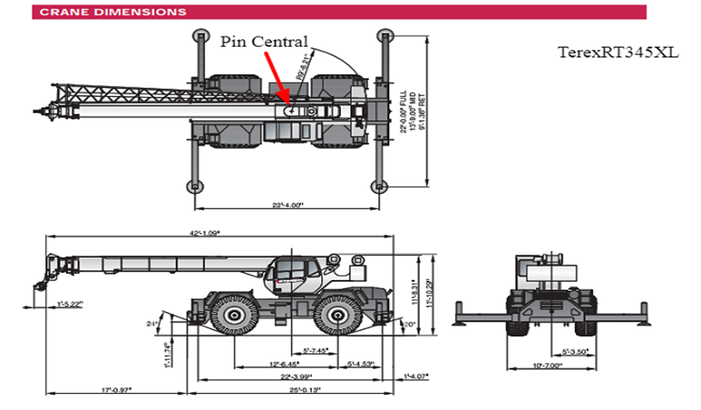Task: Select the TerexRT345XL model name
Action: pyautogui.click(x=618, y=52)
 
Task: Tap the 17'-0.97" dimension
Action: pyautogui.click(x=116, y=390)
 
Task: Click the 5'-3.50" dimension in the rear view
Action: pyautogui.click(x=576, y=350)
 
